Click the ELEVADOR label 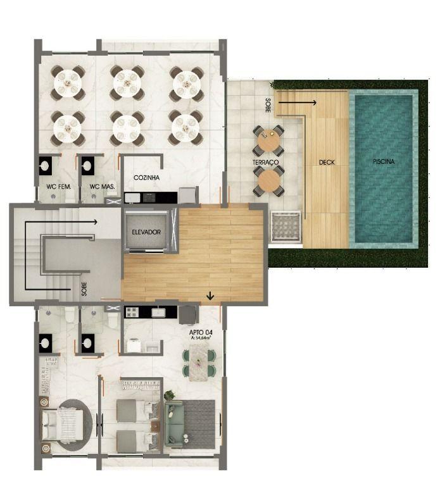[x=146, y=232]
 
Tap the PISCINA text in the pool [x=384, y=161]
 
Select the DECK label [x=327, y=162]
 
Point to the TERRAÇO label [x=265, y=162]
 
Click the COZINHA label [x=146, y=178]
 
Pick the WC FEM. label [x=59, y=187]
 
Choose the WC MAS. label [x=102, y=187]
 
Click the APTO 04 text [x=201, y=333]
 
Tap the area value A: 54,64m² [x=201, y=338]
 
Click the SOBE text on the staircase [x=84, y=289]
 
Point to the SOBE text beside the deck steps [x=268, y=105]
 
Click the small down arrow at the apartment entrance [x=210, y=296]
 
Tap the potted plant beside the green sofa [x=170, y=395]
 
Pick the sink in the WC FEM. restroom [x=46, y=166]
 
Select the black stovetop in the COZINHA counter [x=150, y=197]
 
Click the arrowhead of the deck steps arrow [x=314, y=103]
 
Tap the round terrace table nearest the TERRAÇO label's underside [x=269, y=182]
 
